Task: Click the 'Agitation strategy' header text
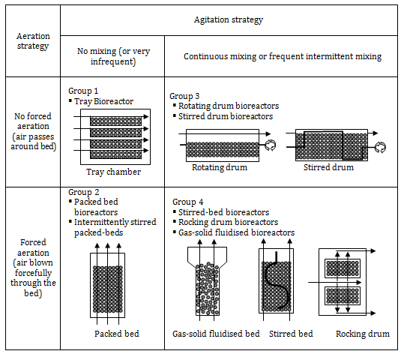click(x=229, y=19)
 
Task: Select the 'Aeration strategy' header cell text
click(x=33, y=41)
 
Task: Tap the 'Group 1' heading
click(x=83, y=91)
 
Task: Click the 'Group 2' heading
click(x=84, y=192)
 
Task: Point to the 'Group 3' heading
click(x=184, y=96)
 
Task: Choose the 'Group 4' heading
click(x=188, y=202)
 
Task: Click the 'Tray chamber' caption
click(x=114, y=172)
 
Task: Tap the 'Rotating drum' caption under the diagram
click(x=220, y=167)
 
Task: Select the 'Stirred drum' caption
click(x=328, y=167)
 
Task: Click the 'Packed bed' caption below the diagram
click(x=117, y=334)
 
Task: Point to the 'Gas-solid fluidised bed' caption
click(x=216, y=334)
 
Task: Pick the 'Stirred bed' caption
click(x=291, y=334)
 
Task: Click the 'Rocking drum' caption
click(x=363, y=334)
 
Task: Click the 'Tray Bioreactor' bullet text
click(x=104, y=101)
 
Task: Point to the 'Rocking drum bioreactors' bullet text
click(x=229, y=222)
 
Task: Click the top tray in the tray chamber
click(x=115, y=121)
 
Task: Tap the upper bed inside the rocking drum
click(x=343, y=268)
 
